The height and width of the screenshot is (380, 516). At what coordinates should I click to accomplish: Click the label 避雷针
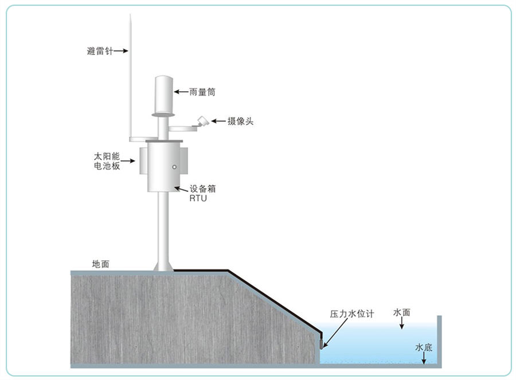point(100,51)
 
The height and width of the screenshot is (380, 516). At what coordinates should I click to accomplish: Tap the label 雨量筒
point(202,92)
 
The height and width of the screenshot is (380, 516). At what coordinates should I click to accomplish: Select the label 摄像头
point(240,121)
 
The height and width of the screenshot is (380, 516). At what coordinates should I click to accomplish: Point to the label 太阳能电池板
point(107,161)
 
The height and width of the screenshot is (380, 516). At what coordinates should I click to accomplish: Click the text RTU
point(198,198)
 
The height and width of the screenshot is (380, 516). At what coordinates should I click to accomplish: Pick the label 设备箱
point(202,189)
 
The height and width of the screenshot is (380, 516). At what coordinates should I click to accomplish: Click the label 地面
point(101,264)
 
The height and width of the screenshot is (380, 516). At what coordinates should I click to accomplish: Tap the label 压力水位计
point(352,314)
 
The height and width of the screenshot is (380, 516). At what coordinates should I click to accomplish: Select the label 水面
point(401,312)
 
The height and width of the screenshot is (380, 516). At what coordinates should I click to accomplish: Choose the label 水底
point(424,347)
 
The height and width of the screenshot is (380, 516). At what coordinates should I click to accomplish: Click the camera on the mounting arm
point(203,121)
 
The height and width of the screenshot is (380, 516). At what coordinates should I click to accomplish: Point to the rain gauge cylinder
point(163,96)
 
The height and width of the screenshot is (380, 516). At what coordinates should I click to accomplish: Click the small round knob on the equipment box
point(174,167)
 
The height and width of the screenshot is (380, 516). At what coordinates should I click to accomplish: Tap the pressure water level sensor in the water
point(322,343)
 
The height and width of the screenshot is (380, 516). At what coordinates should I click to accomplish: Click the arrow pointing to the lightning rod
point(121,50)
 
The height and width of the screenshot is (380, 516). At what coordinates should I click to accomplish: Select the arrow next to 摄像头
point(218,121)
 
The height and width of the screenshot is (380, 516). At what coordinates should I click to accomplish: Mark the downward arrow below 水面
point(401,323)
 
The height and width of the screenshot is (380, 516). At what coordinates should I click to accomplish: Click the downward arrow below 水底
point(424,358)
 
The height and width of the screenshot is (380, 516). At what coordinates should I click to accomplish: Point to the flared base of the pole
point(163,266)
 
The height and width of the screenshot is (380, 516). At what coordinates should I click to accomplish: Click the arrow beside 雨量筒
point(181,92)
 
